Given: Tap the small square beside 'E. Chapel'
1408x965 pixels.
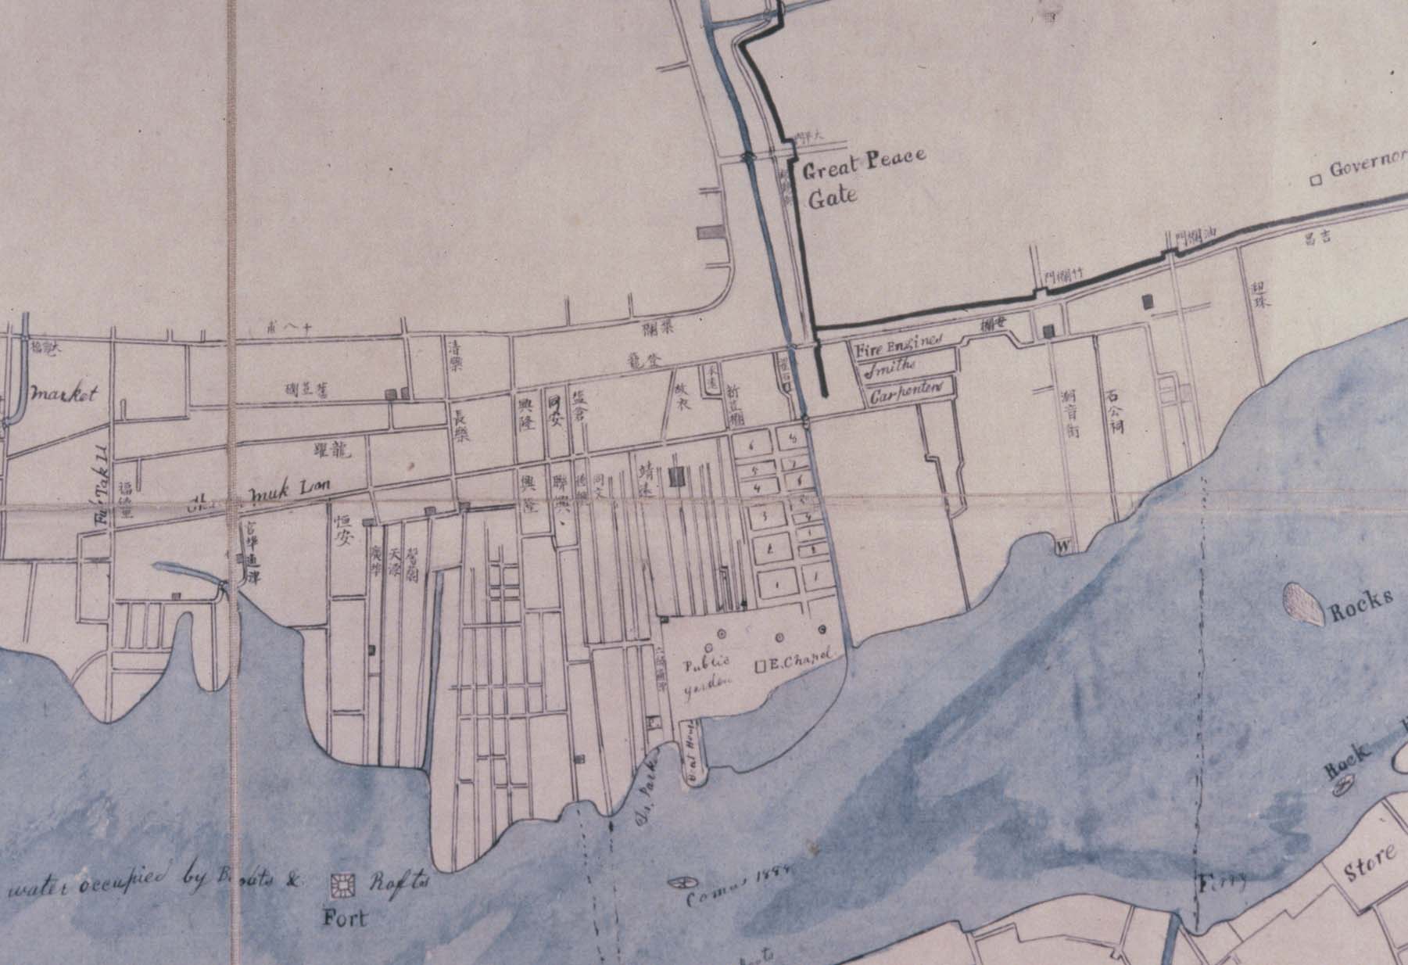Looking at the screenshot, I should (x=759, y=667).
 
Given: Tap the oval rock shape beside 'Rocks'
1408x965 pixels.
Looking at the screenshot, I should (x=1301, y=604).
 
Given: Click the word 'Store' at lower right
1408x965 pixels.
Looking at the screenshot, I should (x=1370, y=863).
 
